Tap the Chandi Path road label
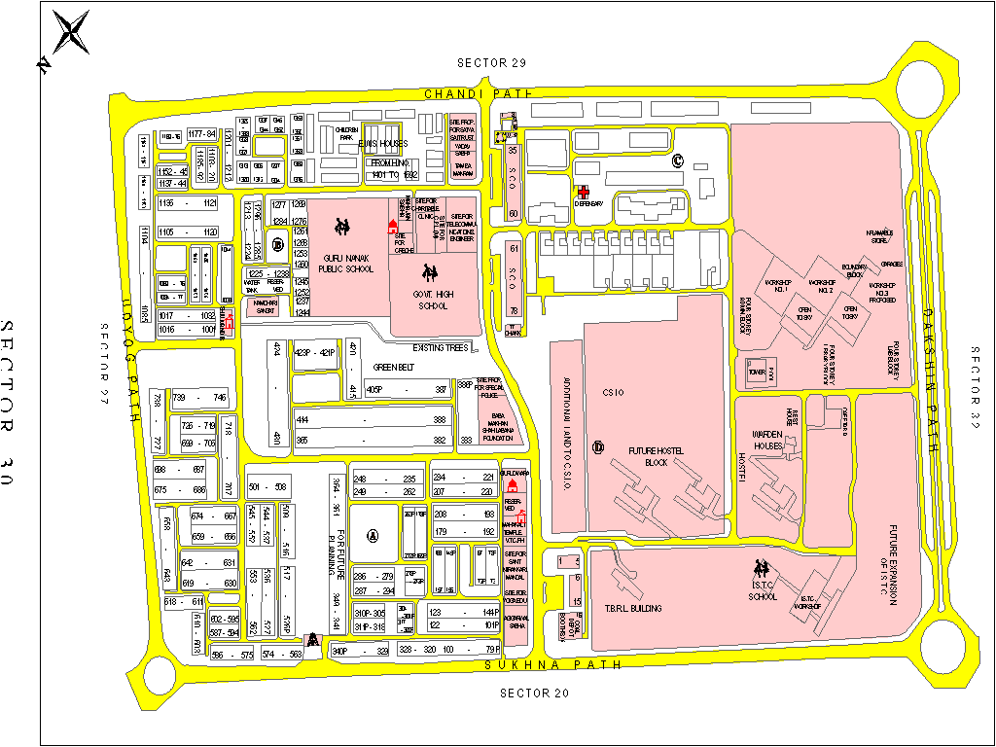(479, 93)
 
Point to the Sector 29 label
(491, 63)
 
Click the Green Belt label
(395, 369)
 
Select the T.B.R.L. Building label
(633, 609)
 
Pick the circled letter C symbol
(678, 160)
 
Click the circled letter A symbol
(373, 534)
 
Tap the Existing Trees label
(442, 347)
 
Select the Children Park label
(347, 133)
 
